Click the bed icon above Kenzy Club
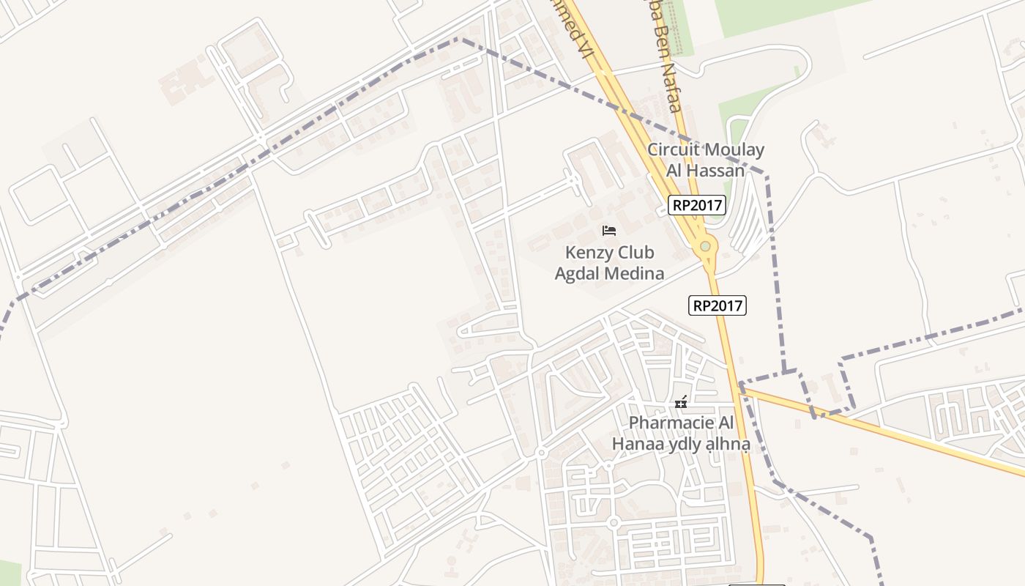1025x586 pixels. point(608,231)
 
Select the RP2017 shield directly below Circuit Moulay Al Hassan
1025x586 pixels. point(696,206)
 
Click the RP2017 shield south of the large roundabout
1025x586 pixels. point(717,305)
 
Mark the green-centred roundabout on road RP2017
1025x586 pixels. point(705,247)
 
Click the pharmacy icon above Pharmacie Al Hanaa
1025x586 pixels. point(681,402)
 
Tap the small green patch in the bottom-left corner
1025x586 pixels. point(9,573)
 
